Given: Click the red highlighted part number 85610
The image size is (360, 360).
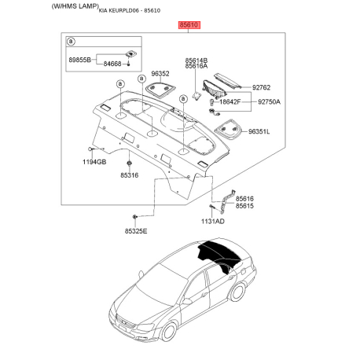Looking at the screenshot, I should [x=190, y=25].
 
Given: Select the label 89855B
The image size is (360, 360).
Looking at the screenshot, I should [x=80, y=60].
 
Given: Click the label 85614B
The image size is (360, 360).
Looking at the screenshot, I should [x=197, y=60].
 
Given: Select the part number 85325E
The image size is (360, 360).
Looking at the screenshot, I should [x=137, y=230].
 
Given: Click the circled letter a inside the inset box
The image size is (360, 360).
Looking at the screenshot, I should [x=72, y=41].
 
